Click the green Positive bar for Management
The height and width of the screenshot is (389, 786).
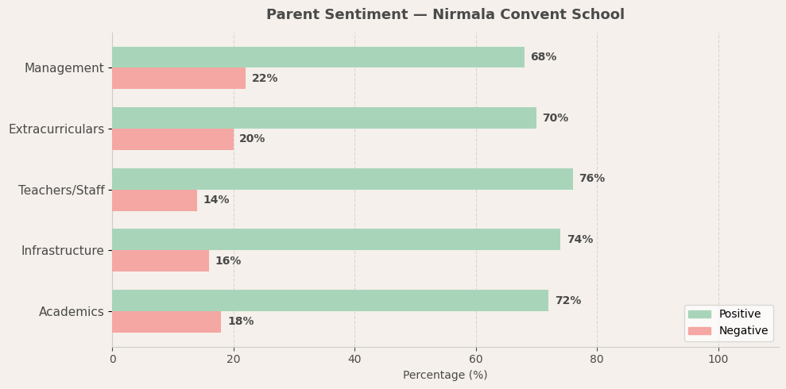click(x=318, y=57)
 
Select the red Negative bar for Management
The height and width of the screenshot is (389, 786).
click(x=179, y=79)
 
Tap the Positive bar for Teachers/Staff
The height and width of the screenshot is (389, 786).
click(x=342, y=179)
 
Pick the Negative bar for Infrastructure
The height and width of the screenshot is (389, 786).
click(x=161, y=261)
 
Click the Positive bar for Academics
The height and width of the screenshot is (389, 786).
click(x=330, y=301)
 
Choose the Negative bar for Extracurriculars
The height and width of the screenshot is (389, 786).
click(x=172, y=139)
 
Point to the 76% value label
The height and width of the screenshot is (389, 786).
click(x=591, y=179)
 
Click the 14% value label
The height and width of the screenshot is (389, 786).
click(x=215, y=200)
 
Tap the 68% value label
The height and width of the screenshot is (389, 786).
click(x=543, y=57)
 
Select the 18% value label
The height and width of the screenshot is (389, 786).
click(x=240, y=322)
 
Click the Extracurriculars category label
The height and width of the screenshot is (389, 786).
click(x=56, y=129)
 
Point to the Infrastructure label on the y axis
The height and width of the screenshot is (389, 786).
click(x=62, y=251)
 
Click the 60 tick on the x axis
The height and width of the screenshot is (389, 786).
click(x=476, y=360)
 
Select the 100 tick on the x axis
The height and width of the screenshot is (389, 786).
click(x=718, y=360)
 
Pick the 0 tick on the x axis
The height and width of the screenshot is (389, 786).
click(x=112, y=360)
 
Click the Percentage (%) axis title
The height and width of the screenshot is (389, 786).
click(x=445, y=376)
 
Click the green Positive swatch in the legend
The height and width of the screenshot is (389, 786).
click(x=699, y=314)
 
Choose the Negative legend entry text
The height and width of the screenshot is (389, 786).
click(x=743, y=331)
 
